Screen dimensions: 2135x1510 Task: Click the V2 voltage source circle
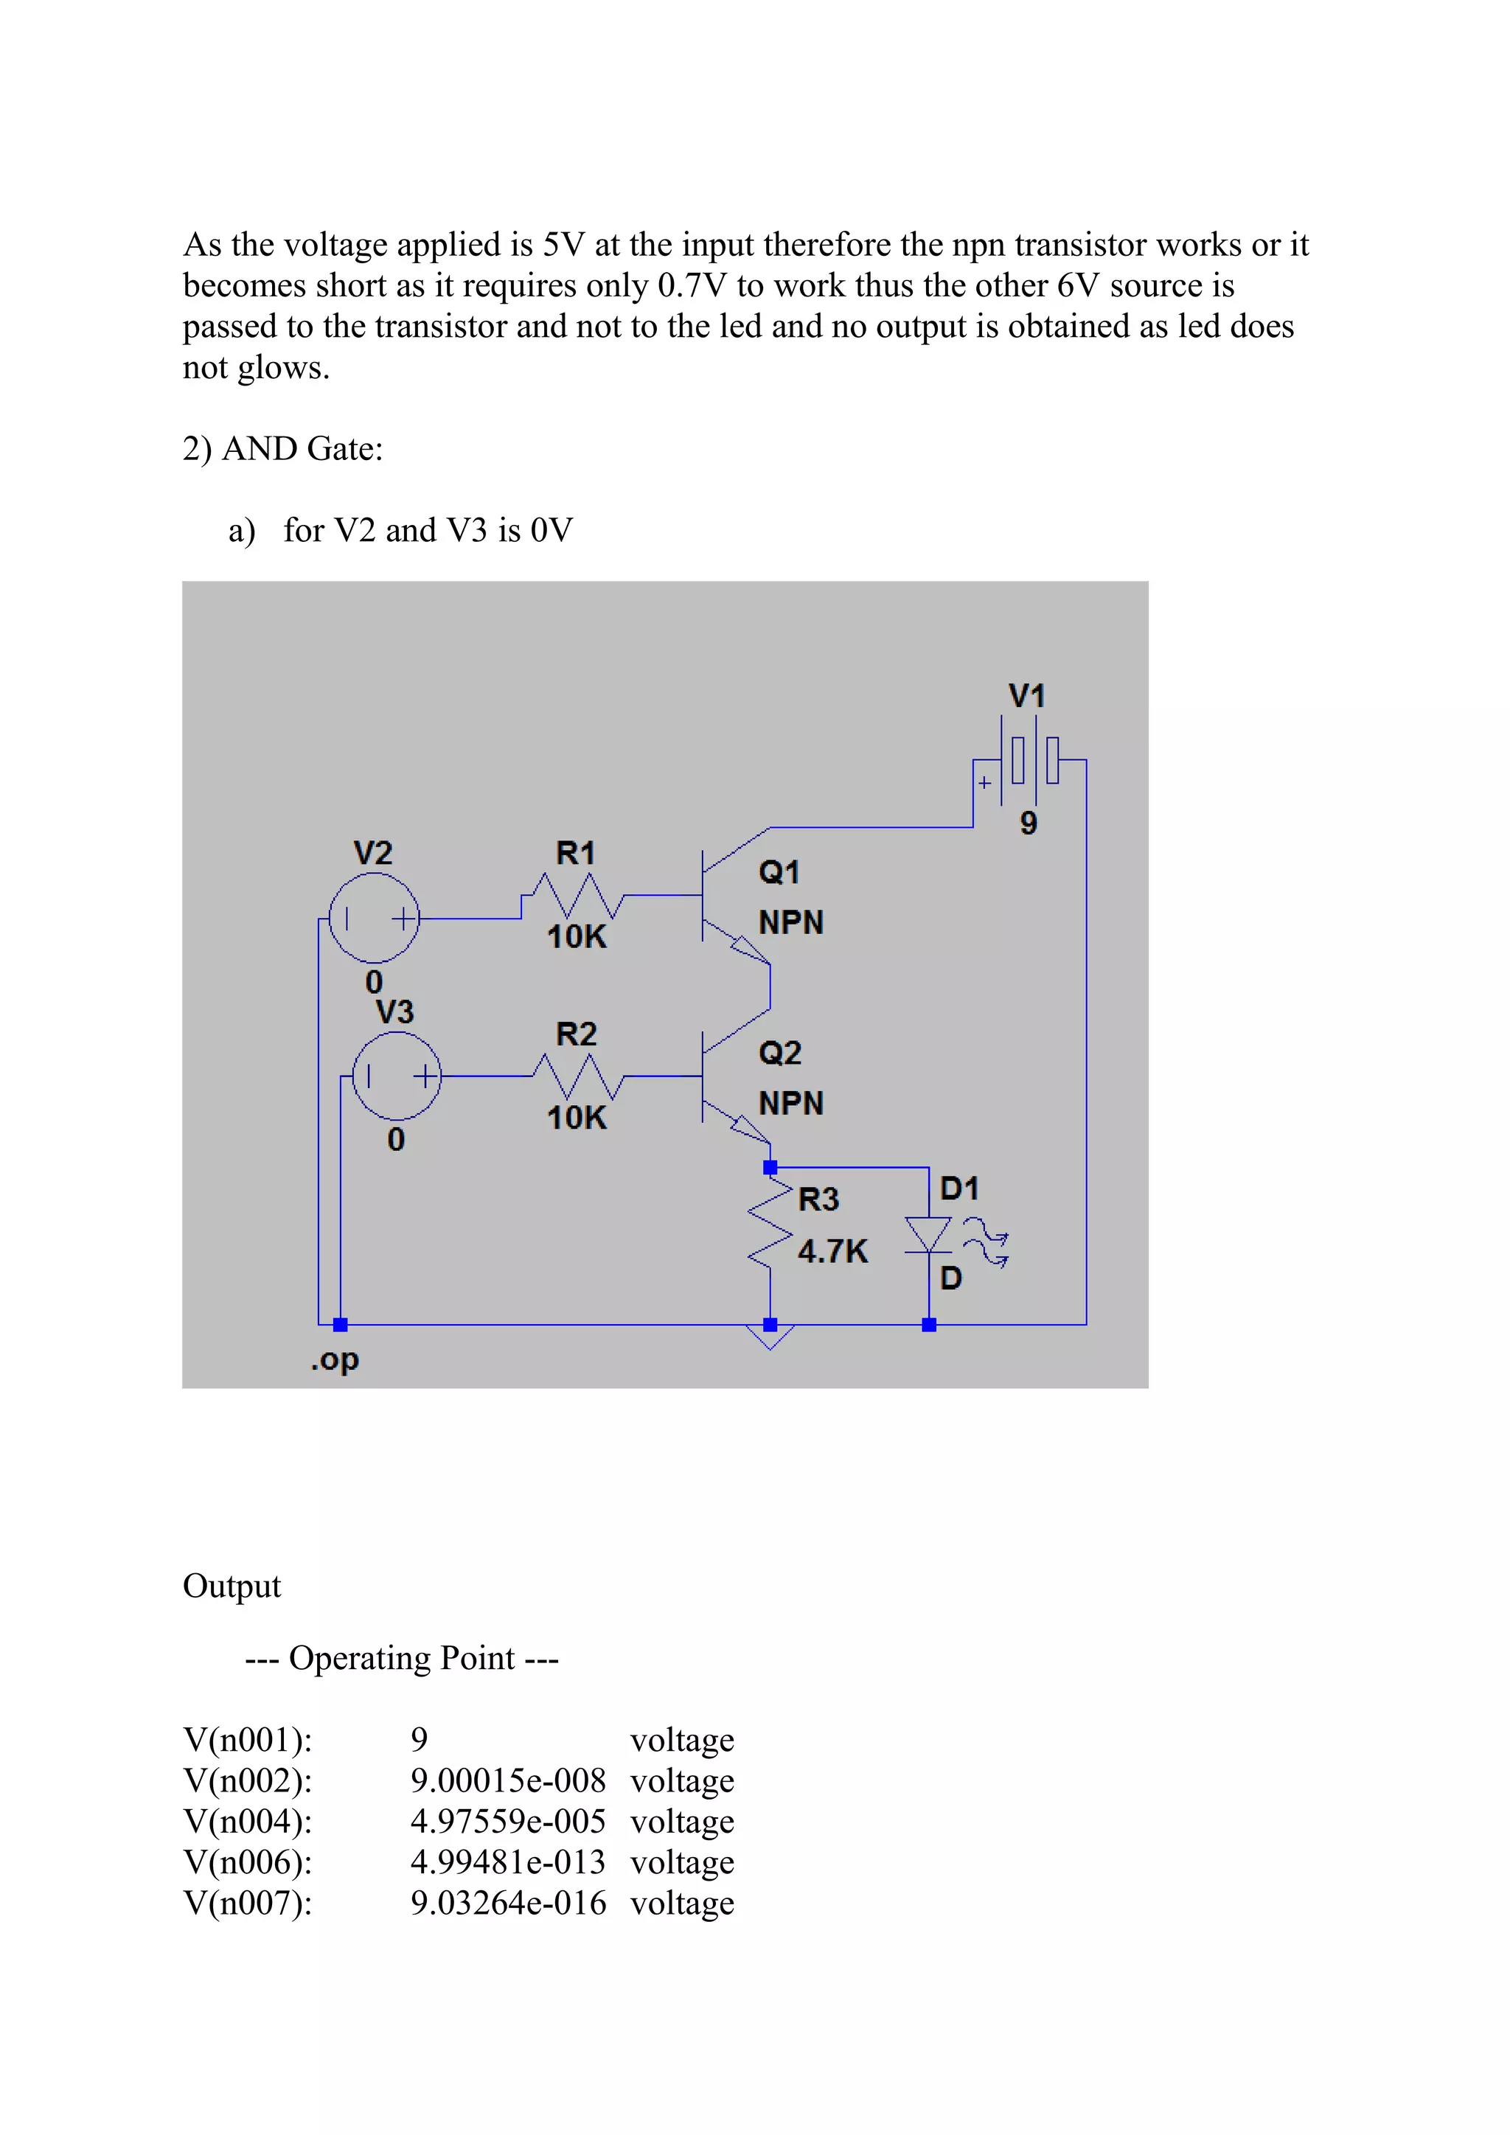[374, 918]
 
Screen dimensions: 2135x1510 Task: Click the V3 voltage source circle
[397, 1076]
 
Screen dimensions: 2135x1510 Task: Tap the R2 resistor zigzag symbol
[577, 1078]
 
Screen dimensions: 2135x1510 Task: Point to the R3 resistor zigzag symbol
[770, 1225]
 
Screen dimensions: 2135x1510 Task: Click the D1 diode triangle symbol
[928, 1235]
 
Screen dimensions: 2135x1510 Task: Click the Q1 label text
[779, 872]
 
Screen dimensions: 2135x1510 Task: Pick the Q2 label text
[779, 1053]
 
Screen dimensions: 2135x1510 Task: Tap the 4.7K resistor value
[832, 1252]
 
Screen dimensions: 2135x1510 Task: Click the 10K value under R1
[577, 936]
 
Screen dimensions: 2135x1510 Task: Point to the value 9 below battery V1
[1029, 823]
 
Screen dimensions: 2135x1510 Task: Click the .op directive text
[335, 1360]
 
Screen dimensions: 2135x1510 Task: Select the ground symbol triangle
[770, 1337]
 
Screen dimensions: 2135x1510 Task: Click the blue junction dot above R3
[770, 1167]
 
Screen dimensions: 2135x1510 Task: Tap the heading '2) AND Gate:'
[282, 449]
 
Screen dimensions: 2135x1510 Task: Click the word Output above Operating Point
[232, 1586]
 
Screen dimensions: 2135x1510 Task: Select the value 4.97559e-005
[508, 1822]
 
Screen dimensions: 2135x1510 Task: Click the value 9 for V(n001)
[420, 1740]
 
